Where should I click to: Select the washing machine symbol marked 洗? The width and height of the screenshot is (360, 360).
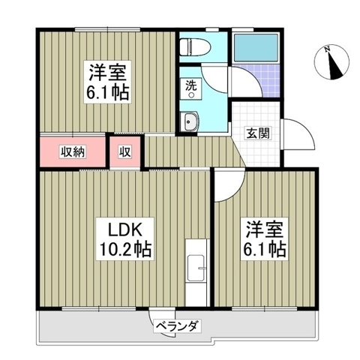(191, 89)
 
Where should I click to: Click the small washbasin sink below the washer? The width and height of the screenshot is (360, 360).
(190, 122)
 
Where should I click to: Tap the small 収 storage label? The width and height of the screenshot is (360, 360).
(125, 151)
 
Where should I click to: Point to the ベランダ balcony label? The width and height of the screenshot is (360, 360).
(177, 326)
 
